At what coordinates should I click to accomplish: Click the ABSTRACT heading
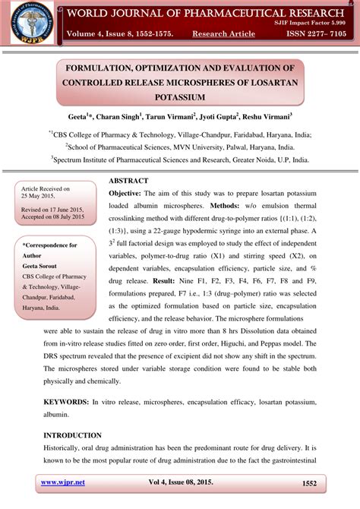click(128, 181)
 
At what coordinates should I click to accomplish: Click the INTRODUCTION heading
click(72, 435)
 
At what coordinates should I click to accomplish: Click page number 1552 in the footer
click(309, 482)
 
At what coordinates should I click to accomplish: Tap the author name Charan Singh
click(122, 118)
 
